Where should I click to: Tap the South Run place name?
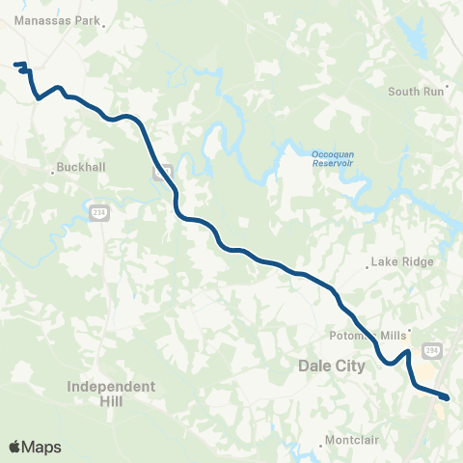coord(416,92)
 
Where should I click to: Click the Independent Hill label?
coord(111,393)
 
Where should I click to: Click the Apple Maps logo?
coord(35,447)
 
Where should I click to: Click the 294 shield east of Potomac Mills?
coord(431,351)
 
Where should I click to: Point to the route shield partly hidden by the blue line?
coord(162,173)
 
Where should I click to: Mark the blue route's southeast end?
coord(447,396)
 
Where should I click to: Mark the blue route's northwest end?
coord(15,65)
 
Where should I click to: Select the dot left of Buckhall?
coord(53,172)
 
